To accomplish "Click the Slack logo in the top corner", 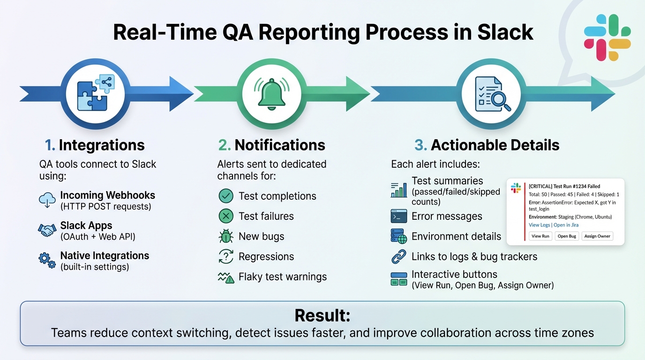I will tap(607, 37).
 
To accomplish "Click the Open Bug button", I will tap(567, 236).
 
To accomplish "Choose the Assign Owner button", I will tap(597, 236).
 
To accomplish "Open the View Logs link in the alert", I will tap(539, 225).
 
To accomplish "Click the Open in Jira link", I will tap(566, 225).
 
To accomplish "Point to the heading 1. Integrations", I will tap(95, 145).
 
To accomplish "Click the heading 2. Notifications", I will tap(272, 145).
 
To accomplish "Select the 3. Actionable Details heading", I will tap(487, 145).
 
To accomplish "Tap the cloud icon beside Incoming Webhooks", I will tap(47, 200).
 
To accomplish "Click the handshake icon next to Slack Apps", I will tap(47, 230).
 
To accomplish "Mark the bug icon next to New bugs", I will tap(226, 236).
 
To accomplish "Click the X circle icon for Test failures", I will tap(226, 216).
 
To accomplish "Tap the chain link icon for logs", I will tap(399, 256).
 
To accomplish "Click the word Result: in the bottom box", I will tap(322, 315).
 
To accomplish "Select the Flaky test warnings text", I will tap(283, 277).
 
